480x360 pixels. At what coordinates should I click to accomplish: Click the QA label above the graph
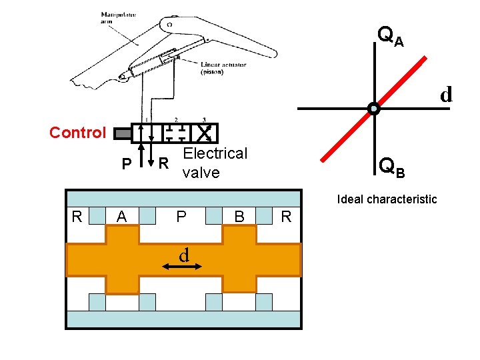[390, 36]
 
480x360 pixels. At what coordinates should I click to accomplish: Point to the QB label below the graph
[391, 167]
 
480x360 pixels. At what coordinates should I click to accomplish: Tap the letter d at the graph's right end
[446, 94]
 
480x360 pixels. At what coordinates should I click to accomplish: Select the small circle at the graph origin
[373, 109]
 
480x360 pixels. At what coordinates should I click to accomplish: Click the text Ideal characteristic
[387, 199]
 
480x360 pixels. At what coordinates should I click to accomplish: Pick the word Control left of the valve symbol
[77, 132]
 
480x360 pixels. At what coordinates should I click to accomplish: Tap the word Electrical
[215, 153]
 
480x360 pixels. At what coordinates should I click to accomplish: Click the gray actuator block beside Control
[123, 133]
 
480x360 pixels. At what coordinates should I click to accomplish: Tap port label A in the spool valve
[121, 217]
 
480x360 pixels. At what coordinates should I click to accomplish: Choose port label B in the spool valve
[239, 217]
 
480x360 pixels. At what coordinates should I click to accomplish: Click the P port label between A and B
[181, 217]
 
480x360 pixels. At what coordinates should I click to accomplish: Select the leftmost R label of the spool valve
[77, 216]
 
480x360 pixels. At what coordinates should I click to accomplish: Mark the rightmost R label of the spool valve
[286, 216]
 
